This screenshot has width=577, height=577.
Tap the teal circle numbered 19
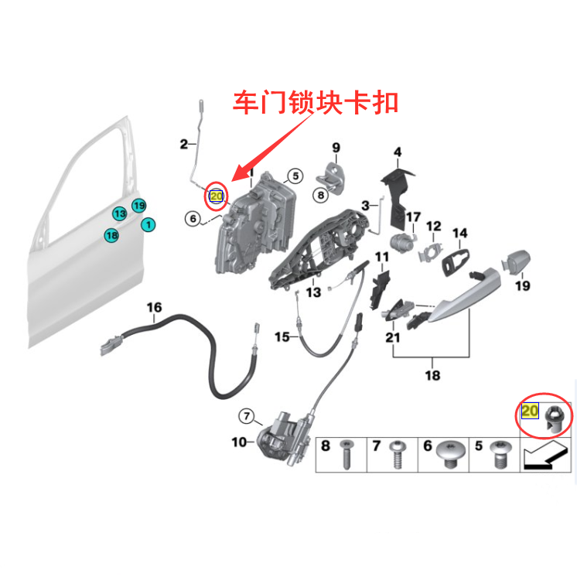138,205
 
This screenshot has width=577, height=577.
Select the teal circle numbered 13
119,213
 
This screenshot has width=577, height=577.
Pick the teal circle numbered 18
111,234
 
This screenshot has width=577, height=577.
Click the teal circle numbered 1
147,225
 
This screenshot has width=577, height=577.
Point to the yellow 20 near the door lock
217,197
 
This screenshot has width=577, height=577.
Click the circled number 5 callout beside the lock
294,176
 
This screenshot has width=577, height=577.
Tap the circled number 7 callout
246,417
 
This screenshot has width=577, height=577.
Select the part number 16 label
155,308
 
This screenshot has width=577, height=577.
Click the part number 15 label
281,337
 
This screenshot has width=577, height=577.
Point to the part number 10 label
238,442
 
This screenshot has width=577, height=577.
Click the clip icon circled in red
555,418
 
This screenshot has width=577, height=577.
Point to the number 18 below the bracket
432,376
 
